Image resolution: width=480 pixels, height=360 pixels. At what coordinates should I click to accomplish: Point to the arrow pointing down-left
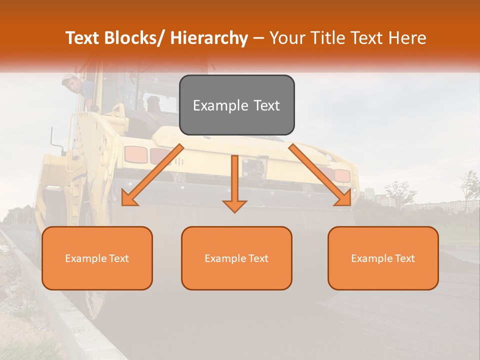pos(152,176)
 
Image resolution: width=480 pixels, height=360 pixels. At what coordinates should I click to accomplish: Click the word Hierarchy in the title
pos(209,38)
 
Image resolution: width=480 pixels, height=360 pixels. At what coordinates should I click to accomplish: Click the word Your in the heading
pos(286,38)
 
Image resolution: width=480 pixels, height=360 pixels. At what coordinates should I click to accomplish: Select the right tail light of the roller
pos(342,175)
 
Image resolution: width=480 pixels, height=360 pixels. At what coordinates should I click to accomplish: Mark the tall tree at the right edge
pos(469,190)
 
